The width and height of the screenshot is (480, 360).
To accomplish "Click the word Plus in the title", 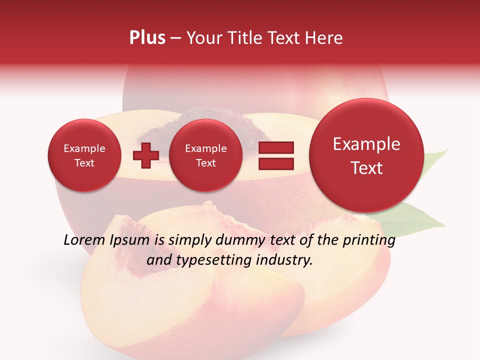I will pyautogui.click(x=147, y=38).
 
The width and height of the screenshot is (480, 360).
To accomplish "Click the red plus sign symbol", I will pyautogui.click(x=145, y=156).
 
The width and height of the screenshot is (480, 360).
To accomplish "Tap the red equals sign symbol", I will pyautogui.click(x=276, y=155).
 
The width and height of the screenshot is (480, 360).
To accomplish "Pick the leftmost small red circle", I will pyautogui.click(x=84, y=155).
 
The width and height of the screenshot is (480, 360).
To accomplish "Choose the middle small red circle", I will pyautogui.click(x=205, y=155).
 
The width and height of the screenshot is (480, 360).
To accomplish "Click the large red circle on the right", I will pyautogui.click(x=366, y=155).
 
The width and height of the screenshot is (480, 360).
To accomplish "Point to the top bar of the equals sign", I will pyautogui.click(x=276, y=147).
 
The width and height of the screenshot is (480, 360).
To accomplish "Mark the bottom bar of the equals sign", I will pyautogui.click(x=276, y=162).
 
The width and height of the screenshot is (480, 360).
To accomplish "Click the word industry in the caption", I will pyautogui.click(x=285, y=260).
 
